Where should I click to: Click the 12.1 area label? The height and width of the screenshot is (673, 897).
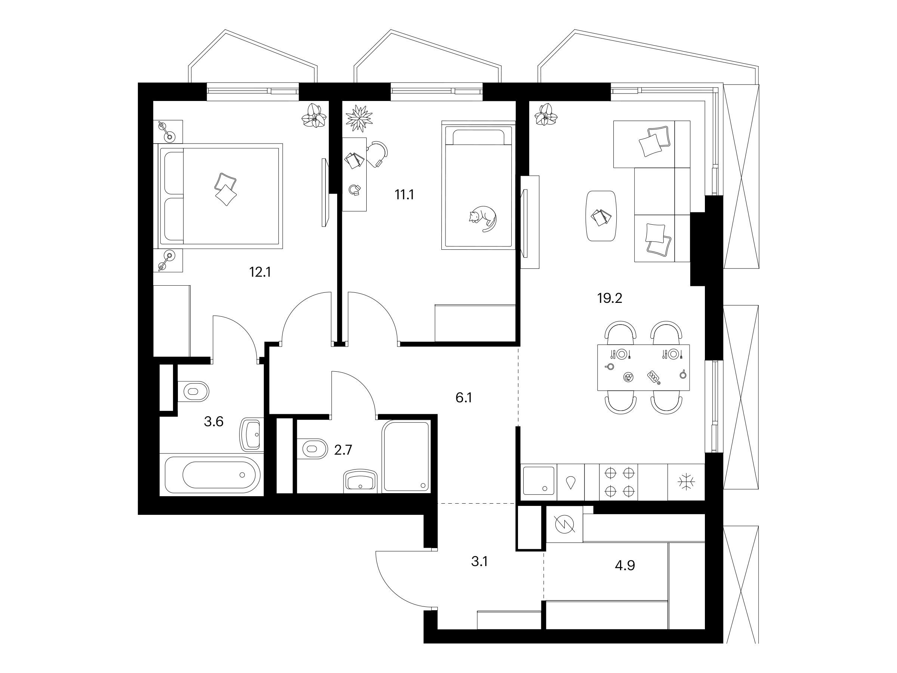click(260, 272)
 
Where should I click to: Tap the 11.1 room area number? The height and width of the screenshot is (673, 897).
click(404, 195)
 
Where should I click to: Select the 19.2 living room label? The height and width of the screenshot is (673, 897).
click(610, 299)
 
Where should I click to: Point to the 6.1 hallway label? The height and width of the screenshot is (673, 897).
click(463, 398)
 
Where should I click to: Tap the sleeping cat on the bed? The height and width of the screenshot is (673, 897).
click(483, 219)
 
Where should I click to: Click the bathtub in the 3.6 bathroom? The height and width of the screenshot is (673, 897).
click(211, 474)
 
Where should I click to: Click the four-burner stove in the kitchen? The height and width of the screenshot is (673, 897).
click(619, 482)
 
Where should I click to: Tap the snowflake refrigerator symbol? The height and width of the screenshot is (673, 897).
click(686, 482)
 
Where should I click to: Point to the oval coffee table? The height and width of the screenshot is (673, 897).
click(602, 216)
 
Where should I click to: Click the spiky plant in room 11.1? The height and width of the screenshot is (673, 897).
click(358, 118)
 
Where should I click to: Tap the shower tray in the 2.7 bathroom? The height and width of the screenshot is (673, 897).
click(406, 457)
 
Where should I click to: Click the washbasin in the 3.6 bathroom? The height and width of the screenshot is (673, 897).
click(252, 434)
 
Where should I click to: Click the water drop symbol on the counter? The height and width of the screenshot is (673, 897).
click(571, 482)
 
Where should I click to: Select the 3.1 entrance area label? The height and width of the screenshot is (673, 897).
click(479, 562)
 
